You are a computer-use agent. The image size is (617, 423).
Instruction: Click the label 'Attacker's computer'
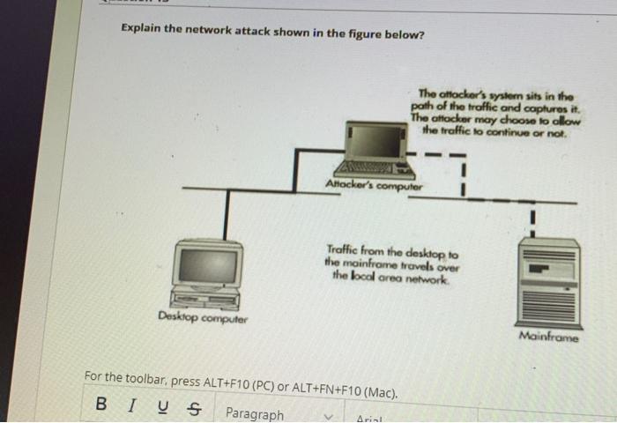pyautogui.click(x=374, y=186)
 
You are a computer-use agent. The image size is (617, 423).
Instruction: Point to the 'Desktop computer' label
pyautogui.click(x=203, y=317)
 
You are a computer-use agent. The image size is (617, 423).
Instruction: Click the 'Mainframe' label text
pyautogui.click(x=549, y=336)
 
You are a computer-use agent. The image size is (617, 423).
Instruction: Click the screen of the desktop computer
pyautogui.click(x=208, y=265)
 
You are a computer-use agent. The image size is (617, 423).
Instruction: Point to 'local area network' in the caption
pyautogui.click(x=401, y=276)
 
